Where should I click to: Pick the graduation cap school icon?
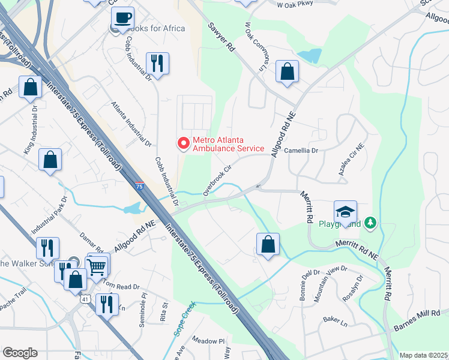(x=346, y=212)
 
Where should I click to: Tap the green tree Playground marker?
(x=371, y=224)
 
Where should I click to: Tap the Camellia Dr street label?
(x=301, y=151)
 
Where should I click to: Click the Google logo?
(x=20, y=353)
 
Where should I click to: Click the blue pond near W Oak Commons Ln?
(x=309, y=56)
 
